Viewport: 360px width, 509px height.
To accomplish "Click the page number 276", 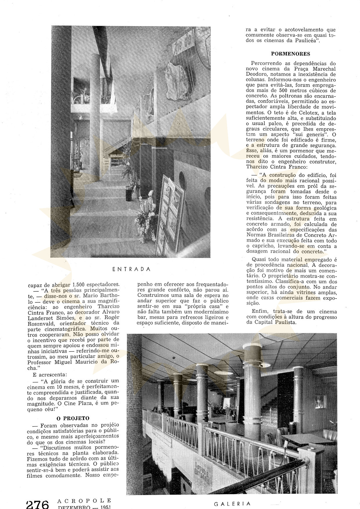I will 37,504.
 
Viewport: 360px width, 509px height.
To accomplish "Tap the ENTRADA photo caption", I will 132,269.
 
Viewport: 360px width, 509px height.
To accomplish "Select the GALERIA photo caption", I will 232,504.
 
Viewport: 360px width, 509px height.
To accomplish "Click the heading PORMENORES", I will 290,54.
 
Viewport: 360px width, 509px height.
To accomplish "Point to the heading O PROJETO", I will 73,418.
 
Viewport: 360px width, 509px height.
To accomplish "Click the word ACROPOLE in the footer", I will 84,501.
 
